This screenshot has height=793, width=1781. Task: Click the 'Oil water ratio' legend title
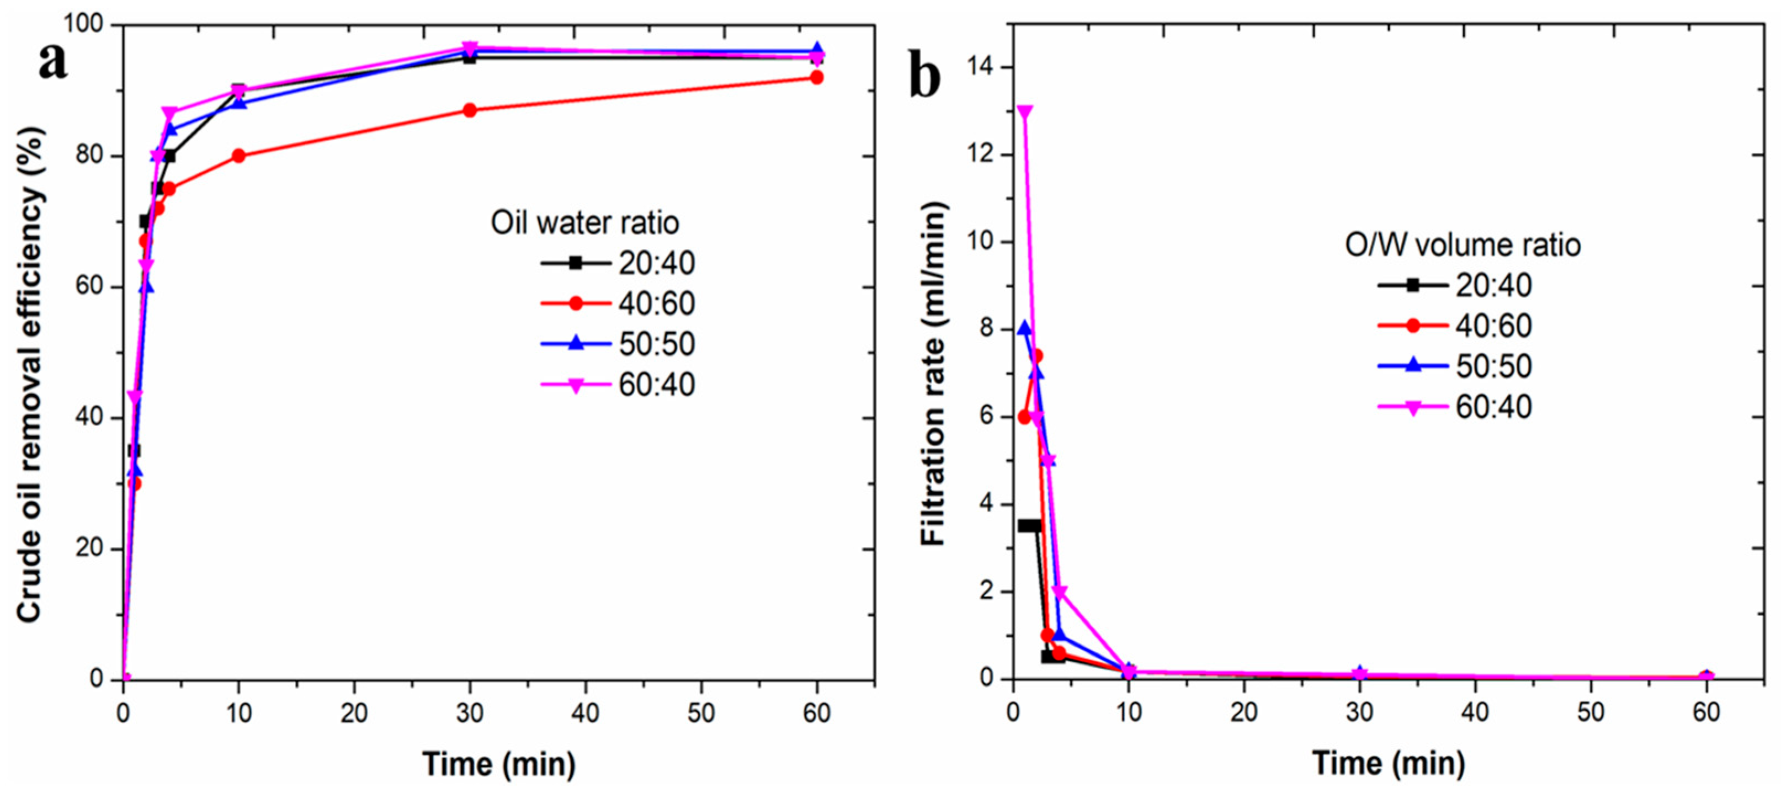point(584,222)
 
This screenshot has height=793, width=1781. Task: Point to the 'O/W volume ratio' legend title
point(1462,246)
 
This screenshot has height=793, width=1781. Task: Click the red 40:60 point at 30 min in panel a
point(470,110)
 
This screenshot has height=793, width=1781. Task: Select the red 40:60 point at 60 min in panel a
point(816,77)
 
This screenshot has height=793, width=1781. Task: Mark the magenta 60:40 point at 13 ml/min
point(1025,111)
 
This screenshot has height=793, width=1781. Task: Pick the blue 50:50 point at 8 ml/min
point(1025,328)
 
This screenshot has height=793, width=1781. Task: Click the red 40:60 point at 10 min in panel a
point(238,156)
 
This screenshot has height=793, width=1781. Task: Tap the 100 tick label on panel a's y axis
point(84,25)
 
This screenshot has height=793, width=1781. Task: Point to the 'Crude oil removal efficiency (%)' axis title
point(29,374)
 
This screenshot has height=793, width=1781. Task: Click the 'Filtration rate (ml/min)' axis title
point(933,374)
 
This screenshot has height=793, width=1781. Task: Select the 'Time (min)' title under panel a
point(498,764)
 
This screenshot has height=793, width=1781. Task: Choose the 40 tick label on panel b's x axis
point(1475,712)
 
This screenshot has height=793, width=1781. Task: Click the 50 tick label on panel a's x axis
point(701,712)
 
